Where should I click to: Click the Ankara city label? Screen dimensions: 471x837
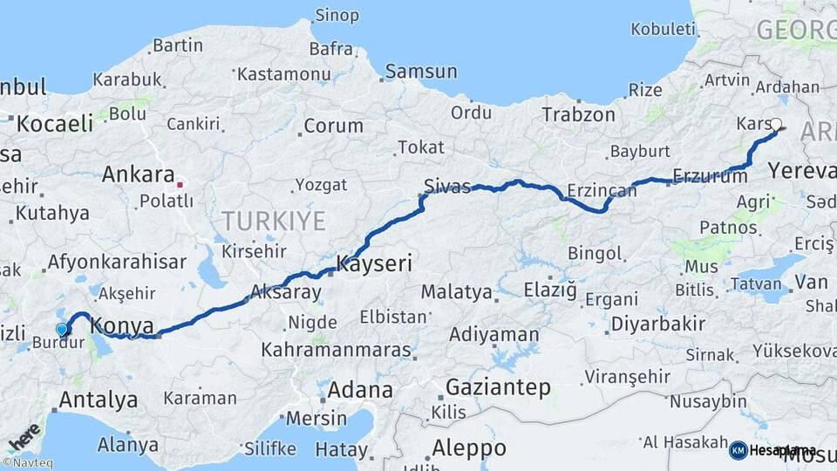(139, 174)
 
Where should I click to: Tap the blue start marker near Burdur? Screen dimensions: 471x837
(61, 330)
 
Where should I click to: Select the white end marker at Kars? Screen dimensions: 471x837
(776, 125)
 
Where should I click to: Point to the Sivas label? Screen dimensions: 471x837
(446, 186)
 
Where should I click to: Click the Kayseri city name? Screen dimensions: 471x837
(374, 263)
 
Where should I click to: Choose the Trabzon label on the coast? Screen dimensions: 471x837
(578, 114)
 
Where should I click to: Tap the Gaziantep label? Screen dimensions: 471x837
(498, 386)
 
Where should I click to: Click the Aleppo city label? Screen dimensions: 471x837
(469, 448)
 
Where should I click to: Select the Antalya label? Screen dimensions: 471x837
(98, 400)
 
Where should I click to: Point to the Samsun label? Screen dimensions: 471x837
(421, 72)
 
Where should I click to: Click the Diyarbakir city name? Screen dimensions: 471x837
(657, 324)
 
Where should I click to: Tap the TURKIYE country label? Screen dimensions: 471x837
(273, 220)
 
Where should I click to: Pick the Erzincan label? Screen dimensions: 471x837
(602, 189)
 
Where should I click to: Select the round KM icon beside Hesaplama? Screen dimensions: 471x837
(738, 450)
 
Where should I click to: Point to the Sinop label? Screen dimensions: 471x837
(337, 15)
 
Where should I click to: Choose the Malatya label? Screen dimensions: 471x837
(456, 292)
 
